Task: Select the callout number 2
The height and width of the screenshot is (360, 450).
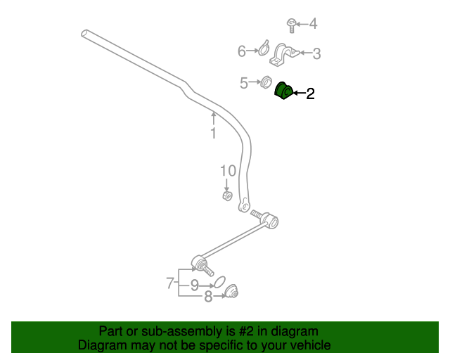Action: coord(309,93)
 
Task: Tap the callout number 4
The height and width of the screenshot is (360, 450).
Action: coord(313,25)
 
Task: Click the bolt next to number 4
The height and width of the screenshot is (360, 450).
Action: coord(290,25)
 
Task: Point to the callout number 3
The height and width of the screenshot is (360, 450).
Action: coord(316,53)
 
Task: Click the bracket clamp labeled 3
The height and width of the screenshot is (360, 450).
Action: coord(285,53)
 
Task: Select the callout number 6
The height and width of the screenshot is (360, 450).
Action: coord(242,51)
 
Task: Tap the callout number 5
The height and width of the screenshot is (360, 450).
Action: coord(244,83)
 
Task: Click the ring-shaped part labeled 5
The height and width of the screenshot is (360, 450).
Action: coord(266,82)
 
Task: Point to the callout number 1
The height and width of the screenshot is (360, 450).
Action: coord(213,133)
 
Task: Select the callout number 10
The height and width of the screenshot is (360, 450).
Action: coord(227,171)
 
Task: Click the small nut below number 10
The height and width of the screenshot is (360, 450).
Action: coord(227,195)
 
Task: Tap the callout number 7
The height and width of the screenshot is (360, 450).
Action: coord(170,283)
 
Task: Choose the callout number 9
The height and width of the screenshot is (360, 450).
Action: coord(194,285)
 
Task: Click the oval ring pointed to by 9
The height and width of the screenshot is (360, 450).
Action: coord(219,282)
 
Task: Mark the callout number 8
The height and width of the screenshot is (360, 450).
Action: coord(208,297)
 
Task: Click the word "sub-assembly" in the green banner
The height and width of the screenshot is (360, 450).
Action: coord(165,330)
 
